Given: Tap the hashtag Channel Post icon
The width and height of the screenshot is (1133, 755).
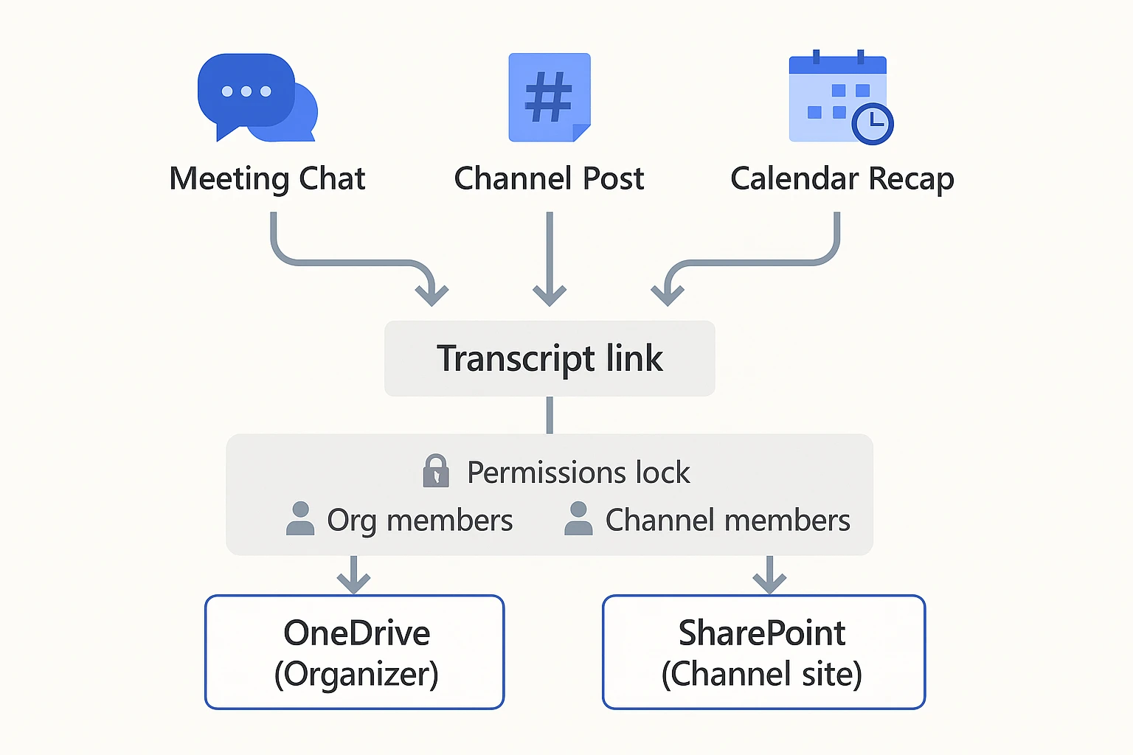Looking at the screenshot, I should coord(549,97).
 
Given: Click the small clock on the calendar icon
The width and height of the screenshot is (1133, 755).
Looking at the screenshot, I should coord(873,123).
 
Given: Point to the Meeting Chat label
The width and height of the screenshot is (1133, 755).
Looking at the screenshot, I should coord(267,179).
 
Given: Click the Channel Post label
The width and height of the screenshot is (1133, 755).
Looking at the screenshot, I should coord(549,179).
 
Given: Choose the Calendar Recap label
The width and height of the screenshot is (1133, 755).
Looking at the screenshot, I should coord(842,179).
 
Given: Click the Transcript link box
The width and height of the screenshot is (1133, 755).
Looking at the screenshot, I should coord(550,358).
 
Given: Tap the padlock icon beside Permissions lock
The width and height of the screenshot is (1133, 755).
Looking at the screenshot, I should coord(436,471).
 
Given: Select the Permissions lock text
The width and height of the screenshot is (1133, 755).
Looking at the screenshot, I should coord(578,473).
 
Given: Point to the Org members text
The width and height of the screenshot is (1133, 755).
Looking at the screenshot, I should coord(420,521).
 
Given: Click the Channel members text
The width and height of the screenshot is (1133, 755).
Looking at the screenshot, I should coord(727,521).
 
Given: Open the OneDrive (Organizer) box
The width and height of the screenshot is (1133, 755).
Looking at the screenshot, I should coord(355,653).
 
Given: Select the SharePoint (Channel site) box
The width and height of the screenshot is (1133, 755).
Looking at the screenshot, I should coord(763,653).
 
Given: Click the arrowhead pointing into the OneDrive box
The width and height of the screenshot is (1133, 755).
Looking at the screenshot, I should coord(354,583).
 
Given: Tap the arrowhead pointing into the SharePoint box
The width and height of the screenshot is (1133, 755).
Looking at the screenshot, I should coord(770,583).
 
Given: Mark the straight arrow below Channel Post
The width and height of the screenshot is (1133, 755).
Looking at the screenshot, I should coord(550,258).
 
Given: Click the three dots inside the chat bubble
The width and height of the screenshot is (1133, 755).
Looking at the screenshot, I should coord(246,91).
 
